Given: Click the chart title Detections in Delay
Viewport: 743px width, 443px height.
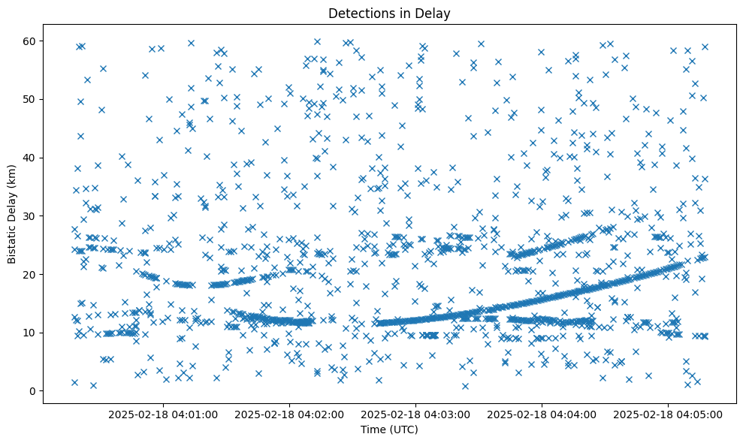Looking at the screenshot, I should tap(389, 13).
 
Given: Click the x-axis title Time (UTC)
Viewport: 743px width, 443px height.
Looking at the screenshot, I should tap(389, 430).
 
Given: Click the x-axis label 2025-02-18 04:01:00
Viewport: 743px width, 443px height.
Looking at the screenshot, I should tap(163, 414).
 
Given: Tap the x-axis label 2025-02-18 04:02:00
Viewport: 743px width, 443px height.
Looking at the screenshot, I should tap(289, 414).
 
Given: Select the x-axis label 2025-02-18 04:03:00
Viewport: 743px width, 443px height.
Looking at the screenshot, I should tap(416, 414).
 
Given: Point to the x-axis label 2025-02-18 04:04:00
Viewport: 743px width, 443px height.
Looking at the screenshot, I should tap(542, 414).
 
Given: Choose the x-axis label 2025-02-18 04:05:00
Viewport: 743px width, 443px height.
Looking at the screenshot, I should tap(669, 414).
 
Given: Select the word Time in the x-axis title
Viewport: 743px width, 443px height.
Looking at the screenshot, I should tap(373, 430).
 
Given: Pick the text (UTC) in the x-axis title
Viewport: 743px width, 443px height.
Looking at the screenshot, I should tap(403, 430).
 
